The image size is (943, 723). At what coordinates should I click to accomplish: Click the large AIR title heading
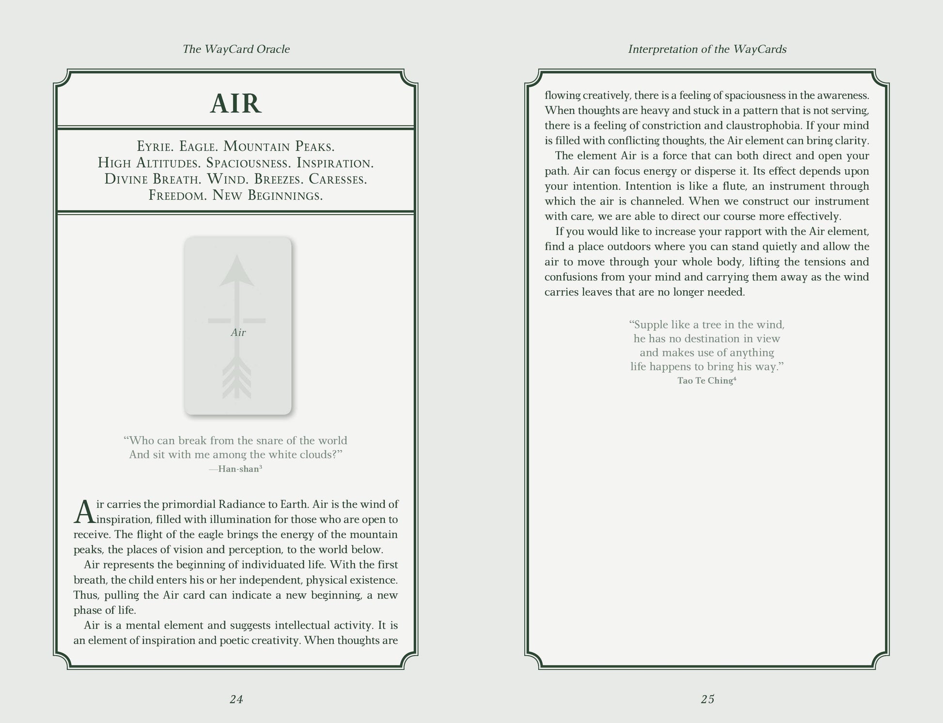(236, 104)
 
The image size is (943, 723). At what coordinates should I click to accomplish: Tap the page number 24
(236, 699)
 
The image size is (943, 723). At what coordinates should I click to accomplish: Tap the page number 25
(707, 699)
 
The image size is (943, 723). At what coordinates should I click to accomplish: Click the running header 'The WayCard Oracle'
(236, 49)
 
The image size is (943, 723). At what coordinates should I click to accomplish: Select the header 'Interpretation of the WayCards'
(707, 49)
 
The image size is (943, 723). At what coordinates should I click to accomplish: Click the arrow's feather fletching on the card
(237, 378)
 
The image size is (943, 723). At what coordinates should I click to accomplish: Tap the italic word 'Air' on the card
(238, 332)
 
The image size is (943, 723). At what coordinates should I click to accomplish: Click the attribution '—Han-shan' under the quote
(236, 469)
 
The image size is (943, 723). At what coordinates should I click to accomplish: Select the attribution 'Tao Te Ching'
(706, 380)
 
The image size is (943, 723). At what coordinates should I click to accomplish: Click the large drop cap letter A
(84, 513)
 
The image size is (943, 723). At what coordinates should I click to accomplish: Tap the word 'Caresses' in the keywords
(338, 179)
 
